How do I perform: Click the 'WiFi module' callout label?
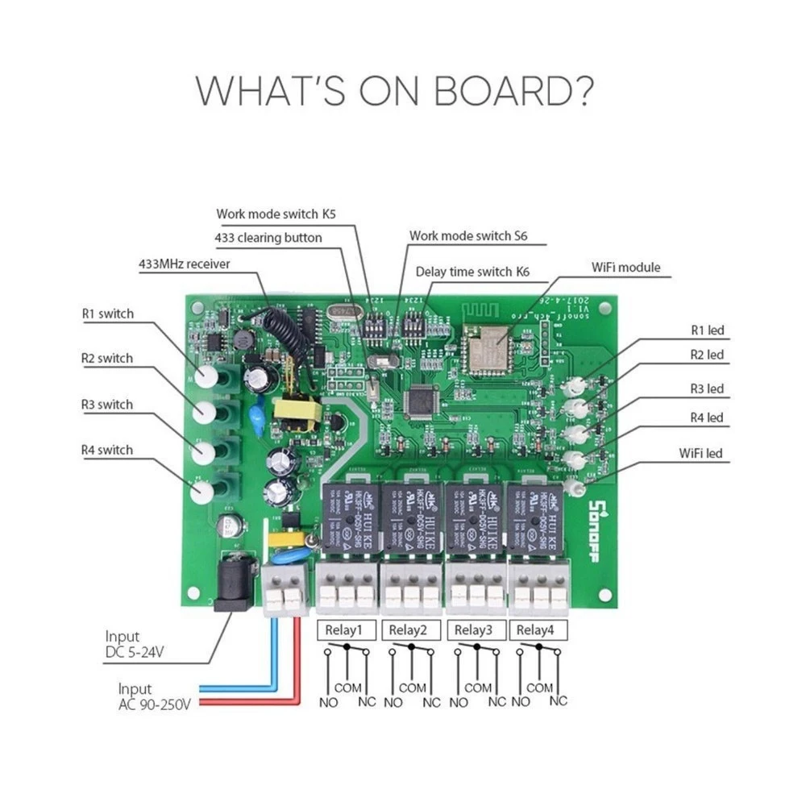click(625, 267)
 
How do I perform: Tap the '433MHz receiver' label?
click(185, 264)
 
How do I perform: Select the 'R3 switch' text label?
click(107, 404)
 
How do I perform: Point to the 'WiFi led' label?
click(700, 453)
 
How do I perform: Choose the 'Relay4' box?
click(536, 629)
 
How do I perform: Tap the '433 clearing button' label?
click(268, 238)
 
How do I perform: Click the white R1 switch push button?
click(206, 376)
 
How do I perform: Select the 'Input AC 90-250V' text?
click(153, 697)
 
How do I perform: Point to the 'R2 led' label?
click(707, 355)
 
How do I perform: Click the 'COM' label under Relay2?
click(412, 688)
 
